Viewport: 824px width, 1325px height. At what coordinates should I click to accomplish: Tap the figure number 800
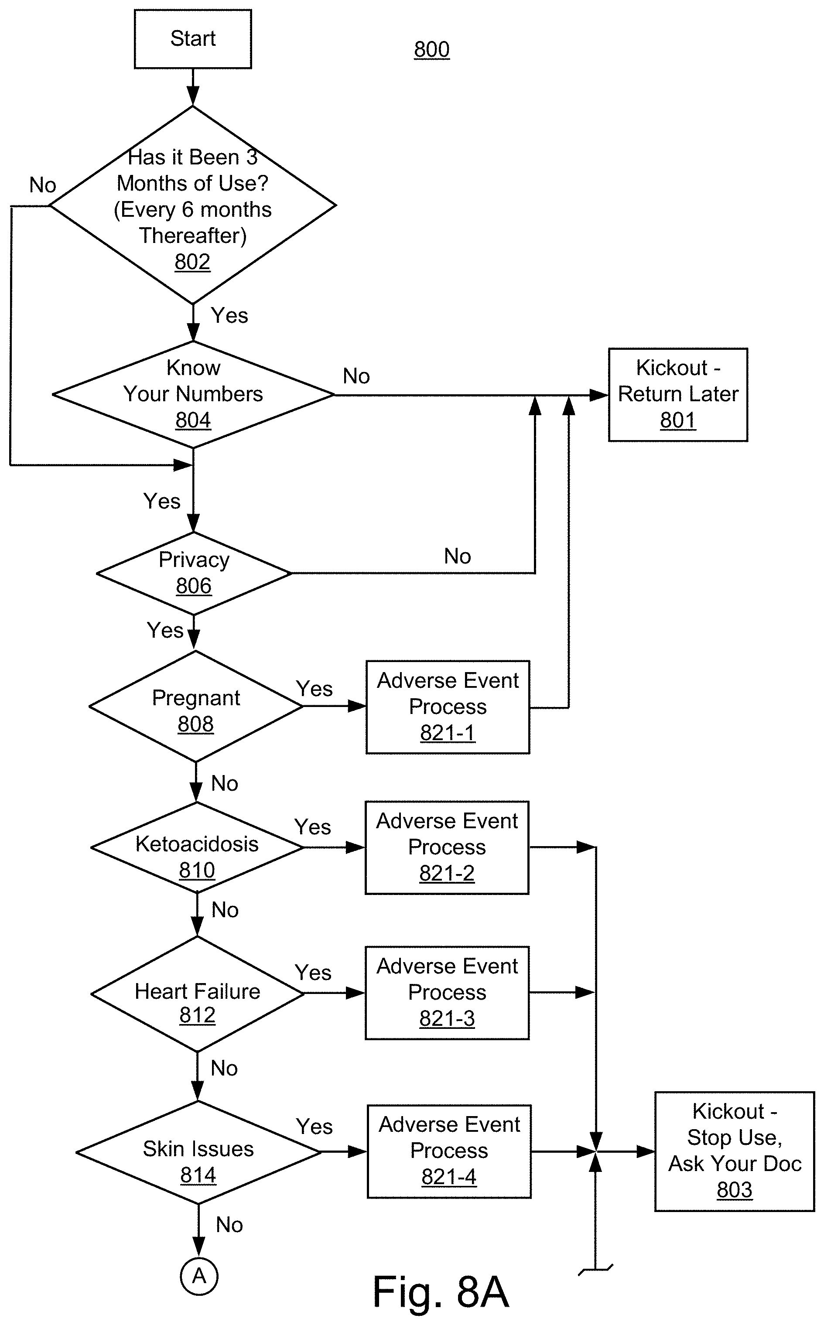431,50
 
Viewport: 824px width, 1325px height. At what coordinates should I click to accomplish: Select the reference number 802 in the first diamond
192,262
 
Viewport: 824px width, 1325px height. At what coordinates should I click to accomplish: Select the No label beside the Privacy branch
457,556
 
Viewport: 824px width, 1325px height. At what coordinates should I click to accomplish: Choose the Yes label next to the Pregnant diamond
314,689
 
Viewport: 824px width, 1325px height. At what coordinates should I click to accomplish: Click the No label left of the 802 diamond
42,185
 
